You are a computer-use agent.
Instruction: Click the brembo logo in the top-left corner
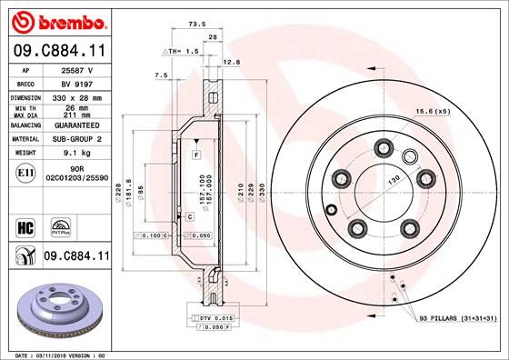pos(56,20)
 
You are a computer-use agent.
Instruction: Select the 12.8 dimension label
pos(230,63)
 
